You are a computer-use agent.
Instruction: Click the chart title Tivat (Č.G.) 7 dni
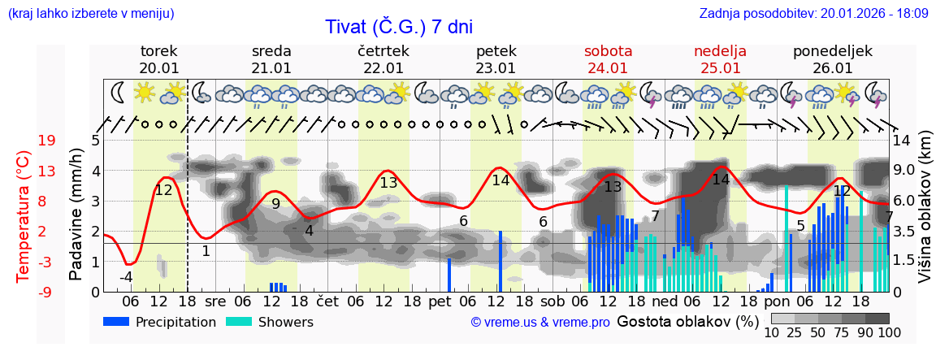point(399,27)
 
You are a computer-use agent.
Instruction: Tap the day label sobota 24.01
point(608,59)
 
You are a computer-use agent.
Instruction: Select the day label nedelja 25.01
point(720,59)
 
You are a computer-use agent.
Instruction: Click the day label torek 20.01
point(159,59)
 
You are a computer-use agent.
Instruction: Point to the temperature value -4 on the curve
point(126,277)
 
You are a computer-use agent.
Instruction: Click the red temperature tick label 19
point(46,141)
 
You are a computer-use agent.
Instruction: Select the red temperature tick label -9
point(46,292)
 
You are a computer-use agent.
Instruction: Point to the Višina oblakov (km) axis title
point(925,215)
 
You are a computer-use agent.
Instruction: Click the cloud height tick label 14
point(902,141)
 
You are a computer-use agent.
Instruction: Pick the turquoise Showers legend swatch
point(239,322)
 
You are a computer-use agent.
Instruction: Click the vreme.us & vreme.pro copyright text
point(540,323)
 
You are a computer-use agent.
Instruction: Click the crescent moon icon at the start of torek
point(119,93)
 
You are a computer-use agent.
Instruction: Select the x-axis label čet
point(327,301)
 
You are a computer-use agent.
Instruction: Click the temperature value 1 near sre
point(206,251)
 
